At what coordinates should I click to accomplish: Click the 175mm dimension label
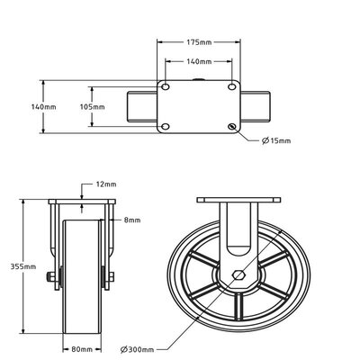[x=198, y=41]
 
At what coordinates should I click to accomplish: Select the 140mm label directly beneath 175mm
[x=198, y=62]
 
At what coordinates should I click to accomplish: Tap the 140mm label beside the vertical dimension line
[x=43, y=106]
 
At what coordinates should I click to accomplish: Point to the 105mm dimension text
[x=93, y=106]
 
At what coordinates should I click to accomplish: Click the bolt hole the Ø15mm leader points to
[x=232, y=126]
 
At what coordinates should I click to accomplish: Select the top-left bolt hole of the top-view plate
[x=166, y=87]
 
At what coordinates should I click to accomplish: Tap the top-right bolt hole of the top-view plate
[x=232, y=87]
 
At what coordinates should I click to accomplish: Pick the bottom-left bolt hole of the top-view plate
[x=166, y=126]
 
